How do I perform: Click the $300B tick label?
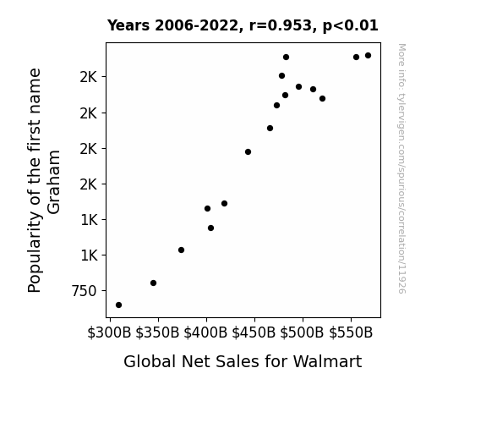(109, 333)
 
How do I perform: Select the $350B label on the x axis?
(158, 333)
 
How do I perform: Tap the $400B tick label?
(205, 333)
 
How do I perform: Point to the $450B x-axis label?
(254, 333)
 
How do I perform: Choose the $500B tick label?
(303, 333)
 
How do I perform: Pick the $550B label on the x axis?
(351, 333)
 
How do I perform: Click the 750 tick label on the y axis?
(84, 291)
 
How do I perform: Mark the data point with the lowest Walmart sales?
(118, 305)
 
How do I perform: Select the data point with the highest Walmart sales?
(369, 56)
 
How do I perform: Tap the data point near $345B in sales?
(154, 283)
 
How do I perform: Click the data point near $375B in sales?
(182, 250)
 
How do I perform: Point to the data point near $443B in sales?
(248, 151)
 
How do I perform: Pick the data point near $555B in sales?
(356, 57)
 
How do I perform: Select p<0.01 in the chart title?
(351, 26)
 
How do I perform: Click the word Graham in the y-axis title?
(54, 182)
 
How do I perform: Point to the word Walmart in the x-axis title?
(327, 361)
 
